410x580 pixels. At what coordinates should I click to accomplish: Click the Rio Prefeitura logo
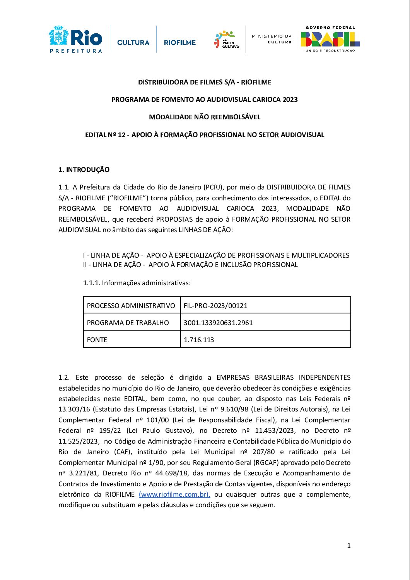click(76, 39)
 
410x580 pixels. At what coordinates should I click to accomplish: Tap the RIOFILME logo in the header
click(180, 42)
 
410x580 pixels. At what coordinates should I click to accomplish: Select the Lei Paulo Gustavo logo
click(227, 40)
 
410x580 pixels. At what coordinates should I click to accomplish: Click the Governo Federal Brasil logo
click(330, 39)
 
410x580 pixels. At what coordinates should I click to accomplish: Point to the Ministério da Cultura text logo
click(272, 39)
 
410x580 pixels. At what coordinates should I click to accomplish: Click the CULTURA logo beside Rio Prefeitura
click(133, 42)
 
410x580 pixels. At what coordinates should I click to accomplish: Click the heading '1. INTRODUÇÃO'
click(84, 170)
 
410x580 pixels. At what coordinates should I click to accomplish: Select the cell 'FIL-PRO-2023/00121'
click(215, 306)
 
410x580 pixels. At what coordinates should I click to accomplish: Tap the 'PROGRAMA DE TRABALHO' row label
click(128, 323)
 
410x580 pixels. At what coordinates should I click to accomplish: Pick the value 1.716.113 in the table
click(199, 340)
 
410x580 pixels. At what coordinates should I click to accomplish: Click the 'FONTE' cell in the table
click(97, 340)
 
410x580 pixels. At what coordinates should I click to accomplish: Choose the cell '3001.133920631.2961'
click(218, 323)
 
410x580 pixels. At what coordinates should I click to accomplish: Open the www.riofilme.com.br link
click(174, 494)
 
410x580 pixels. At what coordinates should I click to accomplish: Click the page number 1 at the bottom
click(349, 546)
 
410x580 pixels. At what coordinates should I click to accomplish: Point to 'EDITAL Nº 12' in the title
click(105, 135)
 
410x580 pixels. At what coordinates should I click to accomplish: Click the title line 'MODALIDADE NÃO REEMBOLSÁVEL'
click(205, 117)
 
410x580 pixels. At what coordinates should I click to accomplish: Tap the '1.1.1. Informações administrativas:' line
click(137, 283)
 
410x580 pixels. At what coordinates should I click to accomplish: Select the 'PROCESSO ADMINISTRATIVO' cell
click(131, 306)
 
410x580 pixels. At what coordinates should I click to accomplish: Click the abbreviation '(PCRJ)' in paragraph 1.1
click(213, 188)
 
